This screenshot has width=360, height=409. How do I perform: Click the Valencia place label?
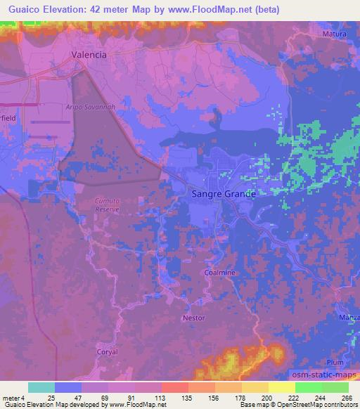[89, 54]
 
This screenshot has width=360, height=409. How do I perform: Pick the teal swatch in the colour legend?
[41, 387]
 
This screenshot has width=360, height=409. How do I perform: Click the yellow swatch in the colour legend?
[281, 387]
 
